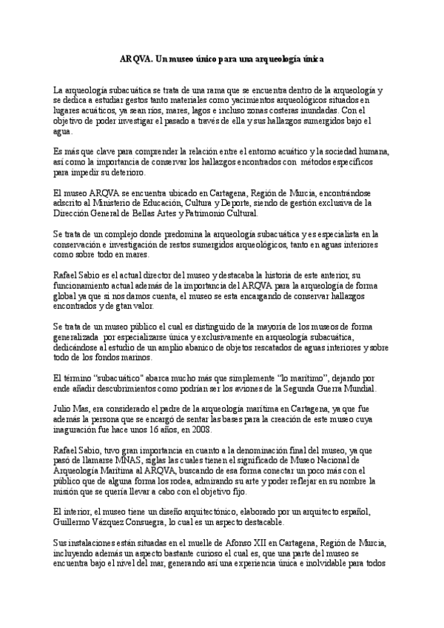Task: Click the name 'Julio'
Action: tap(64, 408)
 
